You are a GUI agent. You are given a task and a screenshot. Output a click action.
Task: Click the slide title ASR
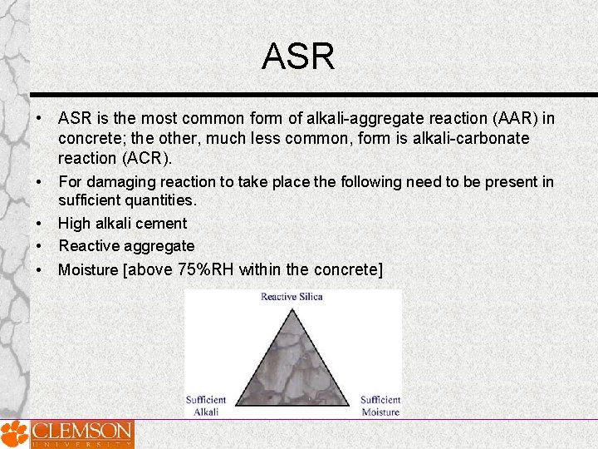pyautogui.click(x=298, y=57)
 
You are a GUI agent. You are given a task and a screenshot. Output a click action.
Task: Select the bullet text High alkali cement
pyautogui.click(x=122, y=223)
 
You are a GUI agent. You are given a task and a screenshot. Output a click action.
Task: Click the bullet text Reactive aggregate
pyautogui.click(x=126, y=246)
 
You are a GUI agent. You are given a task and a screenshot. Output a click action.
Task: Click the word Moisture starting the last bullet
pyautogui.click(x=88, y=269)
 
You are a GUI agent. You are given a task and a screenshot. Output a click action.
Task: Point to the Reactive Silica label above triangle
pyautogui.click(x=292, y=297)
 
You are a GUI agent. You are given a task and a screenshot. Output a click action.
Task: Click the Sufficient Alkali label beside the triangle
pyautogui.click(x=206, y=406)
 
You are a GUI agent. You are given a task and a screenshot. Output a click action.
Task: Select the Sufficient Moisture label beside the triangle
pyautogui.click(x=380, y=406)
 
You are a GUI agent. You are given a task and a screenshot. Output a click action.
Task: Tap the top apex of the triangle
pyautogui.click(x=292, y=310)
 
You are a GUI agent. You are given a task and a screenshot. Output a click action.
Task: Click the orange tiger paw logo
pyautogui.click(x=13, y=434)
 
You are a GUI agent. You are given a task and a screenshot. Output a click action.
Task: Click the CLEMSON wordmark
pyautogui.click(x=81, y=432)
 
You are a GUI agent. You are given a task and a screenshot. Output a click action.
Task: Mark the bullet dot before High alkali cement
pyautogui.click(x=38, y=224)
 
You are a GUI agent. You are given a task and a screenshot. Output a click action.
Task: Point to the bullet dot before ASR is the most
pyautogui.click(x=38, y=119)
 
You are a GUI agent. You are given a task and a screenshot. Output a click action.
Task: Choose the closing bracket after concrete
pyautogui.click(x=380, y=269)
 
